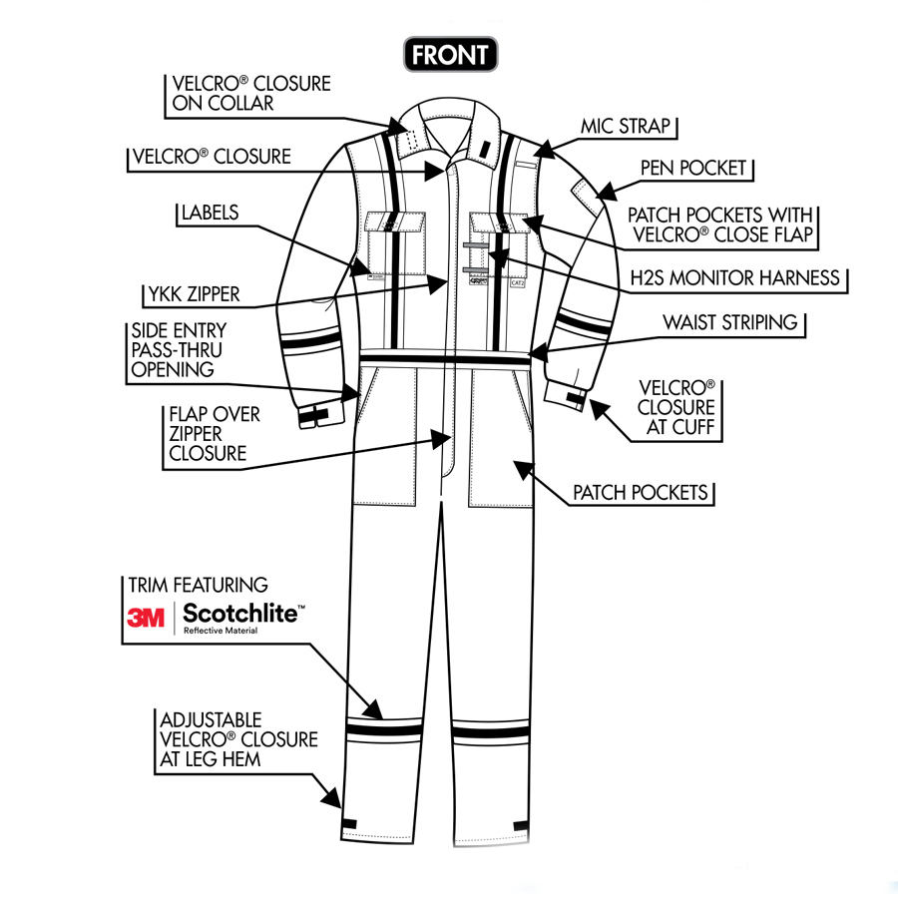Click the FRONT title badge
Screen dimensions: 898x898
coord(450,54)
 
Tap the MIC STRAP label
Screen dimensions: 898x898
coord(628,128)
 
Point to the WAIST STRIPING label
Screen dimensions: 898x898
coord(730,323)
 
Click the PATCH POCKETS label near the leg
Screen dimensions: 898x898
coord(640,493)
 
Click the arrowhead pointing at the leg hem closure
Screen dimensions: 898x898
coord(330,798)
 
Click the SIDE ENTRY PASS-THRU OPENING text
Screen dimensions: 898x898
coord(179,350)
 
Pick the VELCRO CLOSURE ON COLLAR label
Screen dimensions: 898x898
coord(248,93)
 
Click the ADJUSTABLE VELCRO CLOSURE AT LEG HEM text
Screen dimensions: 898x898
coord(237,740)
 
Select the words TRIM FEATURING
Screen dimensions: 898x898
coord(198,586)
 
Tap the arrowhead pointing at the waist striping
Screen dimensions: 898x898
coord(538,351)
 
